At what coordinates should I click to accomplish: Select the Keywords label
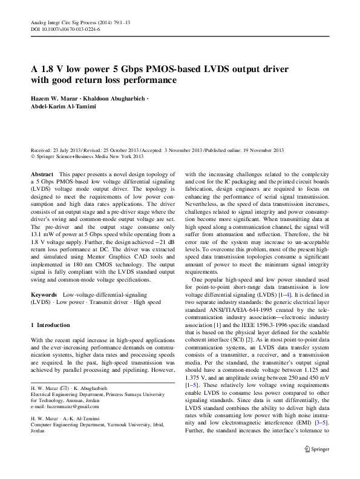44,294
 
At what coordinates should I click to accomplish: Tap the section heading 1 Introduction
50,325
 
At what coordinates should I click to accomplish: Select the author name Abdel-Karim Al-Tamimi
66,107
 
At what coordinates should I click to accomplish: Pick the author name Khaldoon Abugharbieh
119,98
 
